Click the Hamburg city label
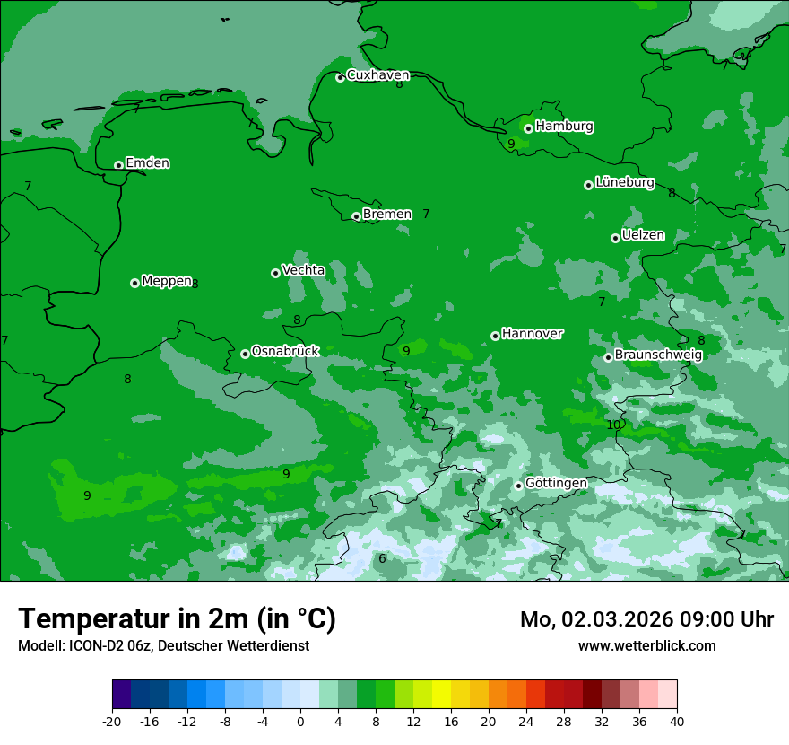(564, 127)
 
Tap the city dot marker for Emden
(118, 165)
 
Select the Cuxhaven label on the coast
(377, 75)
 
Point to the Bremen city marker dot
(356, 216)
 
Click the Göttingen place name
(556, 483)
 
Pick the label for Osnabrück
(285, 351)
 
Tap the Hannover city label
(532, 334)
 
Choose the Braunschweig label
(658, 355)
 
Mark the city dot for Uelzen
(615, 238)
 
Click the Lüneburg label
(624, 182)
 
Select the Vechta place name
(303, 270)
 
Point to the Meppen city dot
(134, 283)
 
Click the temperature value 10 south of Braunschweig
(613, 425)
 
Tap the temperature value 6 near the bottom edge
(382, 558)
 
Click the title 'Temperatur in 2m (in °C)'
(177, 619)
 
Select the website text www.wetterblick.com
(646, 645)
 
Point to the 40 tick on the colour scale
(677, 721)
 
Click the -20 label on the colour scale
(112, 721)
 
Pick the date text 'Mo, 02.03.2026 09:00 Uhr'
(646, 619)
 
